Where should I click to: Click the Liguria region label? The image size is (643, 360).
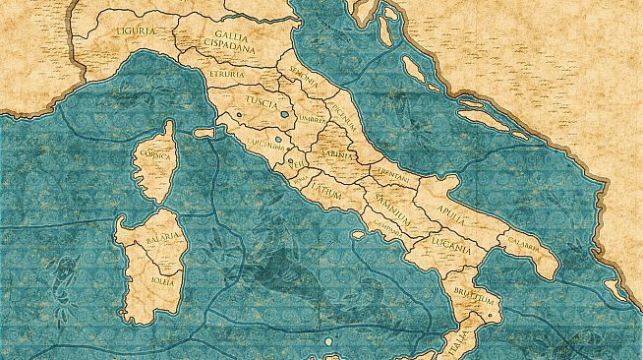tap(135, 30)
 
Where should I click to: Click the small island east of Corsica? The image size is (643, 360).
tap(205, 131)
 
